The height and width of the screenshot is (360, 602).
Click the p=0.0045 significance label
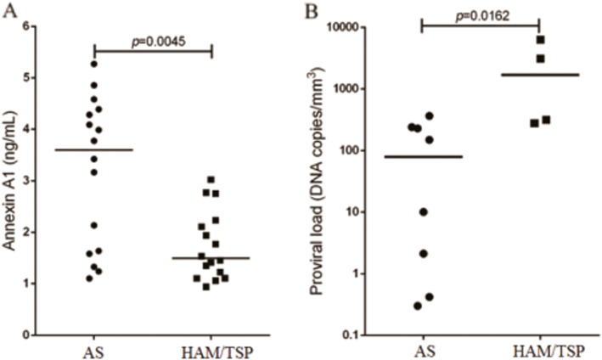point(151,39)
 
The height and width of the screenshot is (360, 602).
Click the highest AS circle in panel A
point(93,64)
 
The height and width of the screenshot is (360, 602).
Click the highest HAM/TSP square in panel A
point(211,179)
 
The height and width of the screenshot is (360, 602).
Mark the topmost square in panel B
point(540,40)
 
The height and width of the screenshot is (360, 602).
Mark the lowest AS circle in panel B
point(418,306)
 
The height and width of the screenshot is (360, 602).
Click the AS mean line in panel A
point(93,149)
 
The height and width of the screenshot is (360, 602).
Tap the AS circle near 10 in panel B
point(423,211)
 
